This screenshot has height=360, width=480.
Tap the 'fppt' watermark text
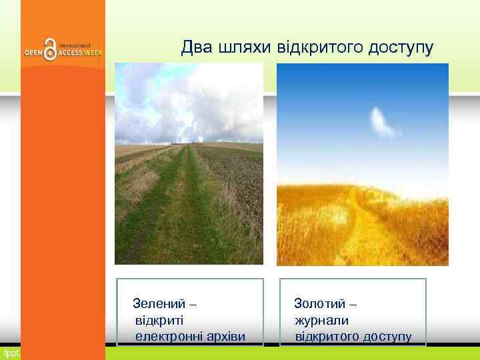click(x=10, y=352)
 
